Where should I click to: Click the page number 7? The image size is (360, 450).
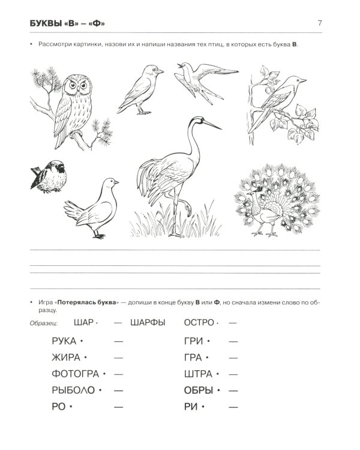coord(320,23)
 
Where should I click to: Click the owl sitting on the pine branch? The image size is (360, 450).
coord(74,109)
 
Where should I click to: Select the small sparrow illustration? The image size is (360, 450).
coord(49,176)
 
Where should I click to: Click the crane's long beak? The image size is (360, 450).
coord(212,125)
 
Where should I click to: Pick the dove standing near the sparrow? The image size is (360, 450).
coord(92,208)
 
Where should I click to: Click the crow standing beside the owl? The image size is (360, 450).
coord(140,89)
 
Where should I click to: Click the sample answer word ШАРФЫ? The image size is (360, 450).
coord(148,323)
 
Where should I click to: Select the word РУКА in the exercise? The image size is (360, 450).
coord(64,341)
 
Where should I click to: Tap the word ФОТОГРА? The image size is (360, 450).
coord(76,374)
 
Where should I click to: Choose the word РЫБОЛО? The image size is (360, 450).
coord(73,391)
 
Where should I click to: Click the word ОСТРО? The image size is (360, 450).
coord(199,323)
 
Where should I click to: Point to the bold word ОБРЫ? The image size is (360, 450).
coord(199,391)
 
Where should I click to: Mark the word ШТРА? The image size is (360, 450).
coord(199,374)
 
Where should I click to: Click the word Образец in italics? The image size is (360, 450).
coord(44,323)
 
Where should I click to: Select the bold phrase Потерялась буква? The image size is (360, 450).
coord(86,302)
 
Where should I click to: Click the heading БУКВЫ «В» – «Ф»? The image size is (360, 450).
coord(67,23)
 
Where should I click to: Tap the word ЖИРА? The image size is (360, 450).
coord(66,358)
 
